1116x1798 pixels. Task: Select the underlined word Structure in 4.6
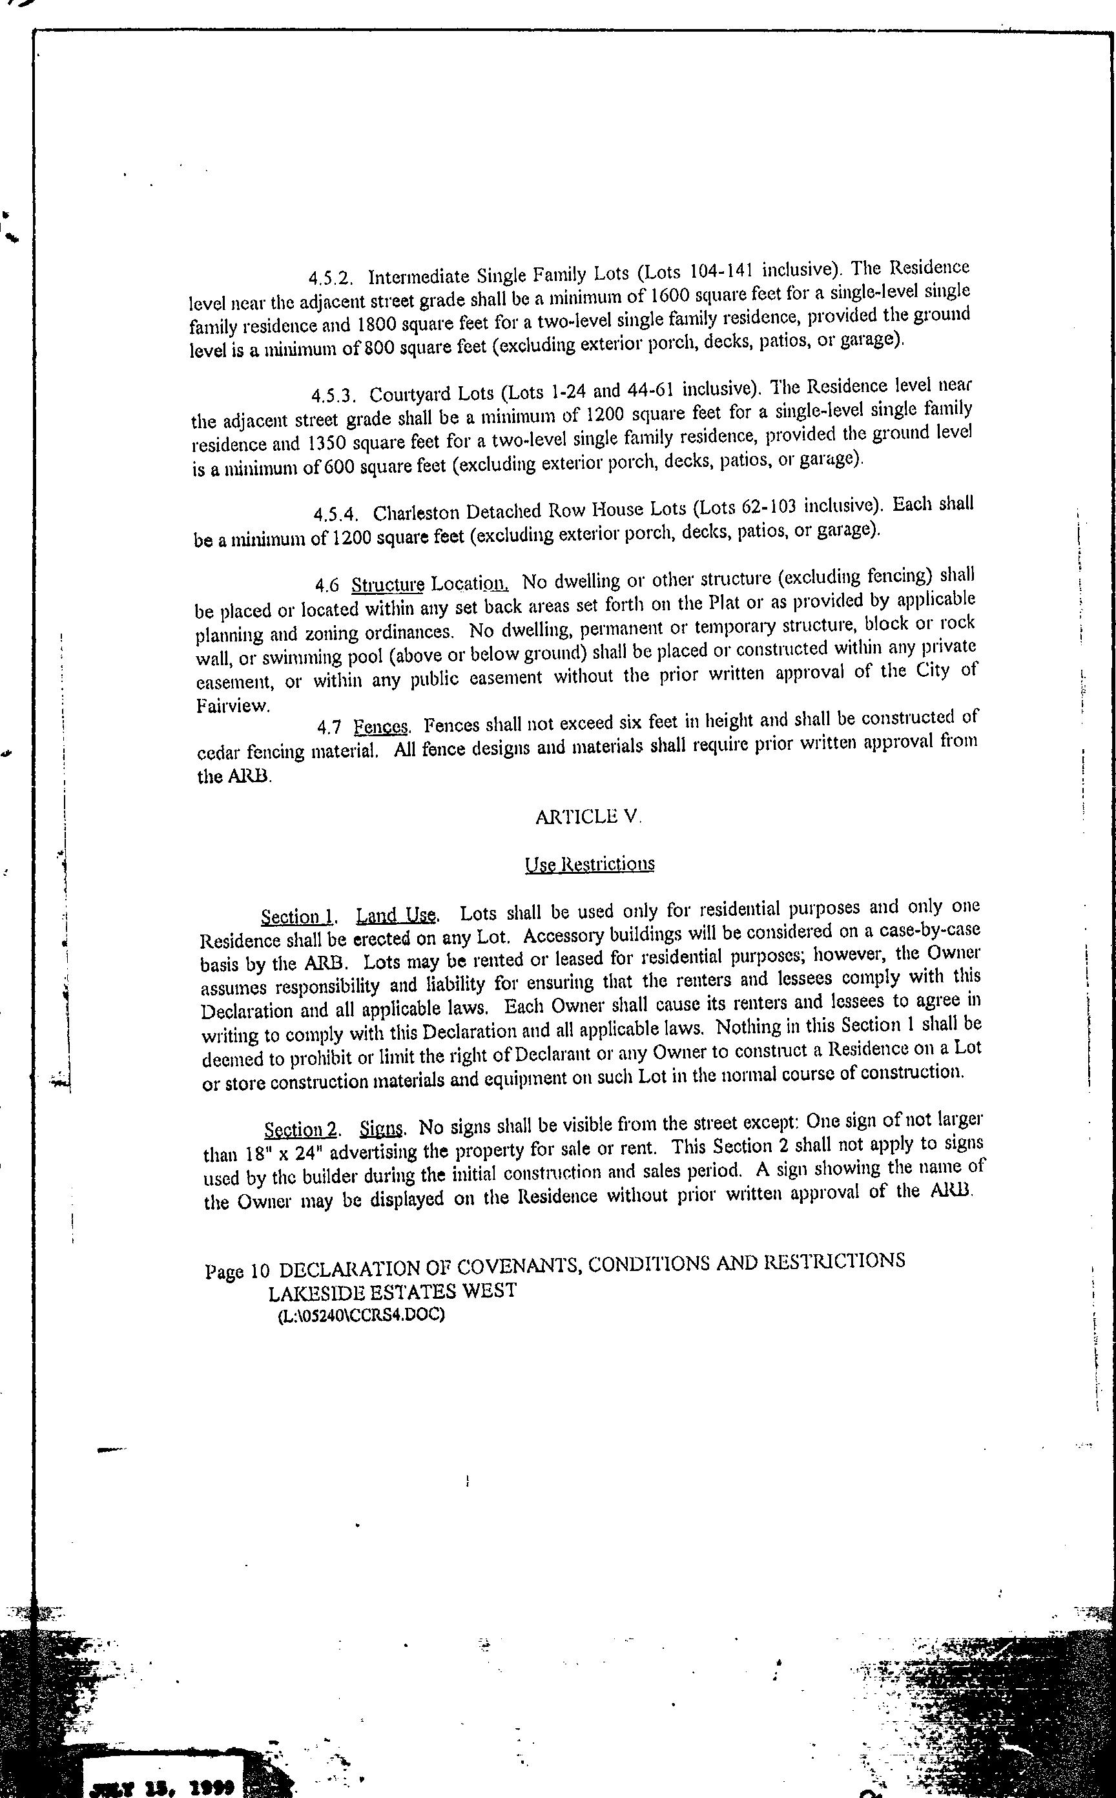pos(387,584)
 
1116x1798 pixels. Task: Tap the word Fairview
pos(232,705)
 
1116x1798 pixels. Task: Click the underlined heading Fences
pos(380,727)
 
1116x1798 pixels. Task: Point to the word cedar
pos(219,753)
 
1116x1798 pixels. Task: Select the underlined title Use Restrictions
pos(589,863)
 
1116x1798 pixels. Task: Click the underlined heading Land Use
pos(397,915)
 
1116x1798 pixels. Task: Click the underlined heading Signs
pos(382,1128)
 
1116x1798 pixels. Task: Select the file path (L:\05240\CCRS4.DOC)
pos(361,1316)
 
